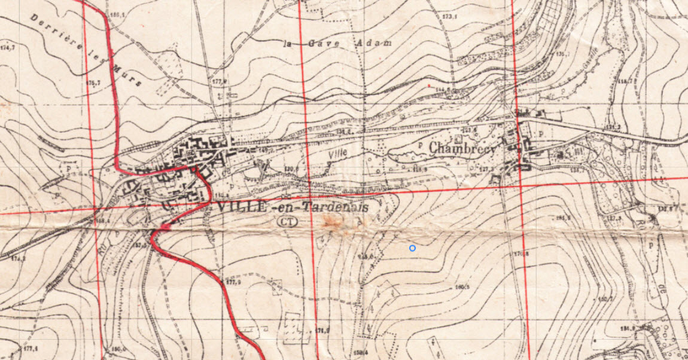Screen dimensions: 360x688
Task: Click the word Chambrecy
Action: coord(462,148)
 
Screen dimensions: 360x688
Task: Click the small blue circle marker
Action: coord(412,248)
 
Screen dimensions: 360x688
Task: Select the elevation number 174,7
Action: coord(8,47)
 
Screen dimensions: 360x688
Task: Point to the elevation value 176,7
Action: coord(93,82)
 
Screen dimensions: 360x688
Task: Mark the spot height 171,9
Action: coord(323,330)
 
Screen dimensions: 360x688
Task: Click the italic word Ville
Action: coord(338,152)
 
